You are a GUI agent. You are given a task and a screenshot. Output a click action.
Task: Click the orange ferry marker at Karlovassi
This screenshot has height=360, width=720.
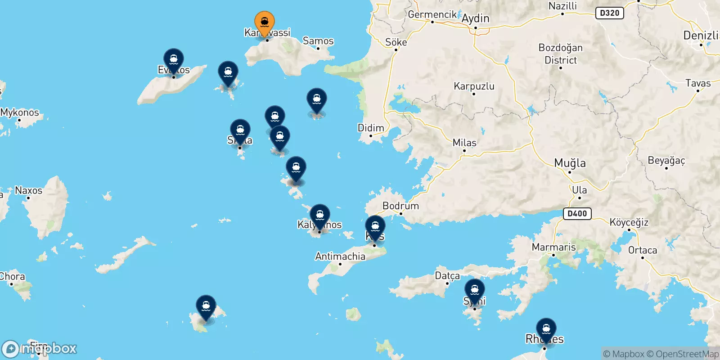[265, 22]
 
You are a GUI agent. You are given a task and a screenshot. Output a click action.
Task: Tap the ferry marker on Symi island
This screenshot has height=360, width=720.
[474, 290]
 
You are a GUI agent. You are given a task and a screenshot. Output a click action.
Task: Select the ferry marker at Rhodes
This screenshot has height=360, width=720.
[546, 329]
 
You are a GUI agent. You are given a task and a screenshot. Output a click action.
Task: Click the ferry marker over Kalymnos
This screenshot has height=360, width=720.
[319, 216]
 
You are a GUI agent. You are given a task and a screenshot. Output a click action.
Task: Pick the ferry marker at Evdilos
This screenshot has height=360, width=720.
[174, 60]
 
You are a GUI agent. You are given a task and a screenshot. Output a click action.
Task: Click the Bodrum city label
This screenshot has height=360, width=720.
[400, 206]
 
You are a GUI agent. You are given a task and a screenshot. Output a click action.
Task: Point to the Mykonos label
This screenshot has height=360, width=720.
[20, 112]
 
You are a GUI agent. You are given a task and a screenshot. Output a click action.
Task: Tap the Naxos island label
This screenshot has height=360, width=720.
[29, 190]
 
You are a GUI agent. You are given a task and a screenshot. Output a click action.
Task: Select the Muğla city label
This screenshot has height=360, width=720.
[570, 163]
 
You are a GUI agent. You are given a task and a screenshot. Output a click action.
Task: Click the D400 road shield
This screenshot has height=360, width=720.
[577, 213]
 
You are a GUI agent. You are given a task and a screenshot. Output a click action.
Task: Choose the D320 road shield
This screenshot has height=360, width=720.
[610, 13]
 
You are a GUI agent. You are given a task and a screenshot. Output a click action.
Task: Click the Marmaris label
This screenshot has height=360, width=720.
[553, 247]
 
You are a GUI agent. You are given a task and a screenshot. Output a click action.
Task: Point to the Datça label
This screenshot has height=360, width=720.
[447, 275]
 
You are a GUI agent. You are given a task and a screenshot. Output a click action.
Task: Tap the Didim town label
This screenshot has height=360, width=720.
[371, 128]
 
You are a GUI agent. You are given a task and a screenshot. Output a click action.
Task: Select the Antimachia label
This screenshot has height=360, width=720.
[340, 256]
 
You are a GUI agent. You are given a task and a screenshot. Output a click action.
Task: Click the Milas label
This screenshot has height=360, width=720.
[464, 143]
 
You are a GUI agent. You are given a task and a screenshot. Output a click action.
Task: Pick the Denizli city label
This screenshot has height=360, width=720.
[700, 35]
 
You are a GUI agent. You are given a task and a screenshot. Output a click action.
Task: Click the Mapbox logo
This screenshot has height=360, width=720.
[40, 349]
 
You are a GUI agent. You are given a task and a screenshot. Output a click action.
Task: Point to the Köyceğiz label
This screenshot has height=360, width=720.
[629, 222]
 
